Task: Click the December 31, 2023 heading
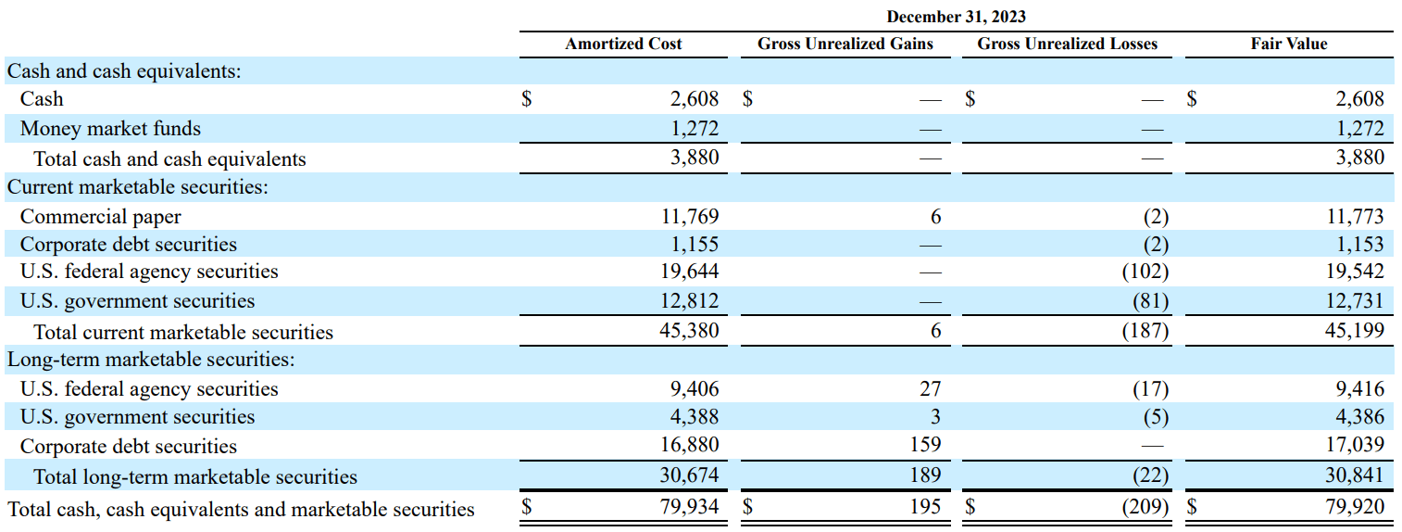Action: point(956,17)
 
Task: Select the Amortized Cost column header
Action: point(623,44)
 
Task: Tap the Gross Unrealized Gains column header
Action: point(845,44)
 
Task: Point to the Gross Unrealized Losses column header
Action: point(1067,44)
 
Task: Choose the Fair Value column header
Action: point(1288,44)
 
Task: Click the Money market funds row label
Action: point(110,129)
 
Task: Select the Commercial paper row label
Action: point(100,217)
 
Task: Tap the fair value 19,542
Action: point(1355,272)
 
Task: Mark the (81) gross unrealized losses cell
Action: point(1151,301)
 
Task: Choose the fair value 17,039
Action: point(1355,446)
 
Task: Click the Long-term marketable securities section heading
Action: point(151,360)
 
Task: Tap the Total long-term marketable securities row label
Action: point(194,476)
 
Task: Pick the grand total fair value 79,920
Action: point(1355,507)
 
